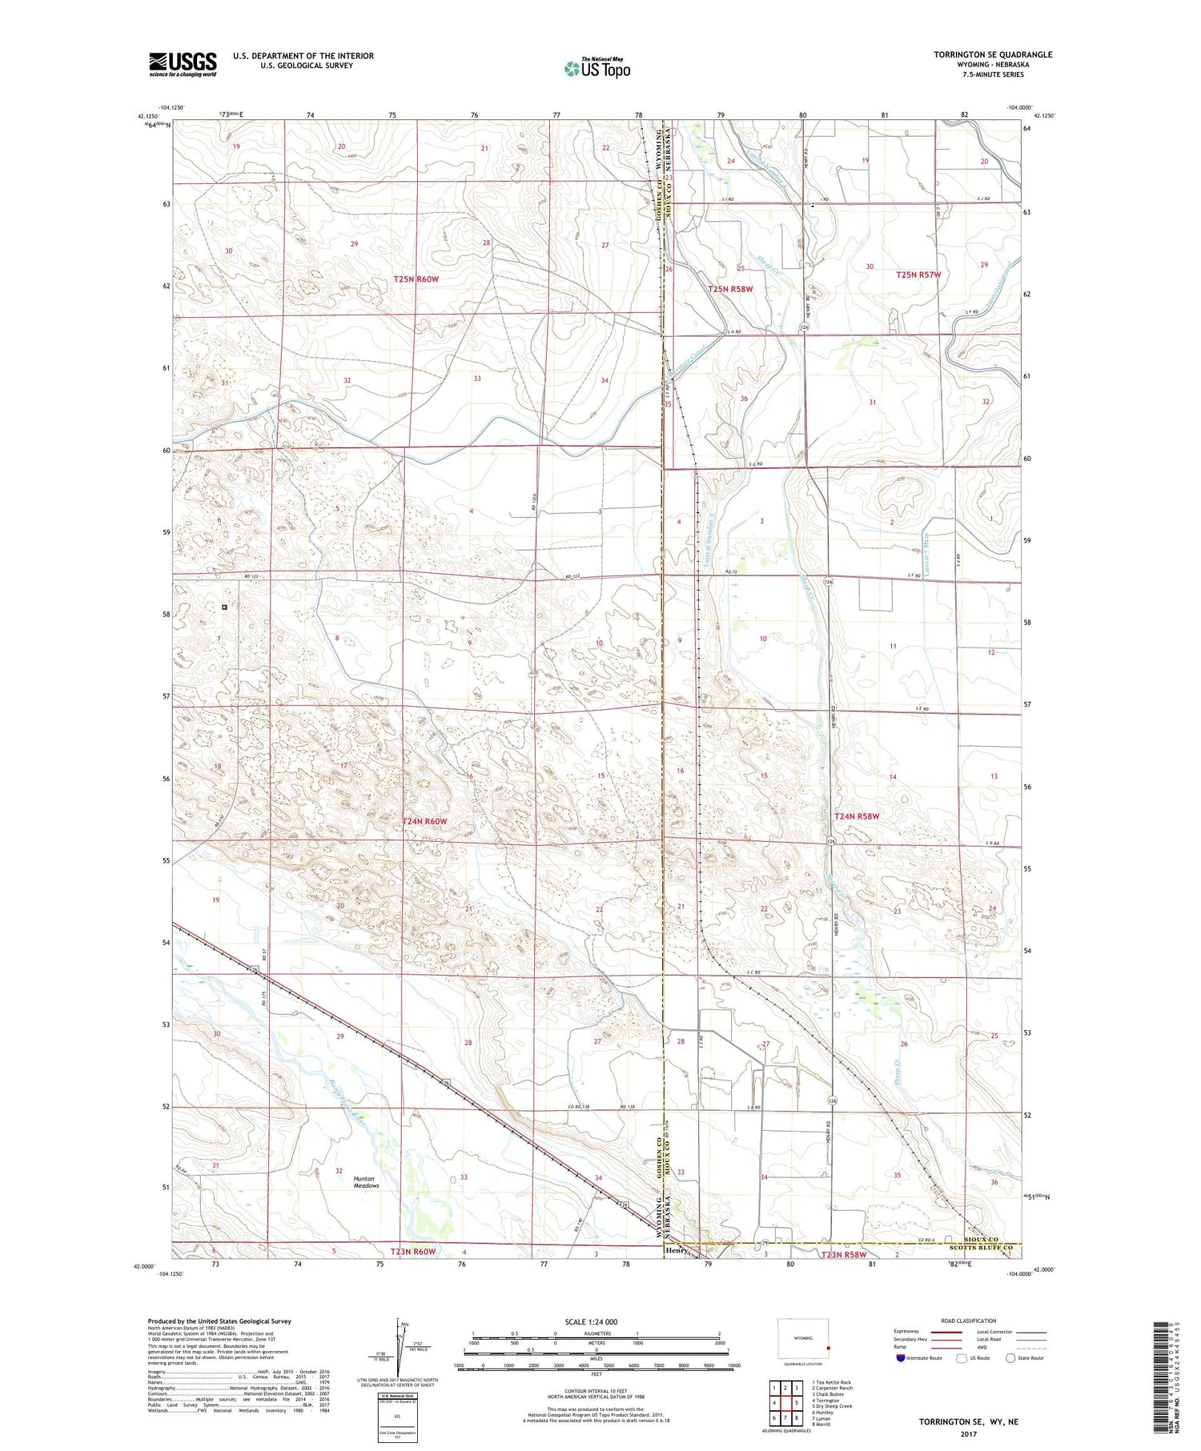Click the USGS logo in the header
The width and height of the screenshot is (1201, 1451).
(x=183, y=64)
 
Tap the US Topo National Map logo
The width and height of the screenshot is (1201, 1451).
(x=596, y=68)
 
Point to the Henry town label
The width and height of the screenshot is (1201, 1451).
(x=677, y=1250)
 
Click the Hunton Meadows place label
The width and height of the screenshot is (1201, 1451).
(x=365, y=1182)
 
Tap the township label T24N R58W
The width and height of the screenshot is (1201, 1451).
(x=857, y=816)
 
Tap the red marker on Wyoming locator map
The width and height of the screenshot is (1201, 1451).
(x=829, y=1348)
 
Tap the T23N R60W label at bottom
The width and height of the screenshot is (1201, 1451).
(x=413, y=1252)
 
